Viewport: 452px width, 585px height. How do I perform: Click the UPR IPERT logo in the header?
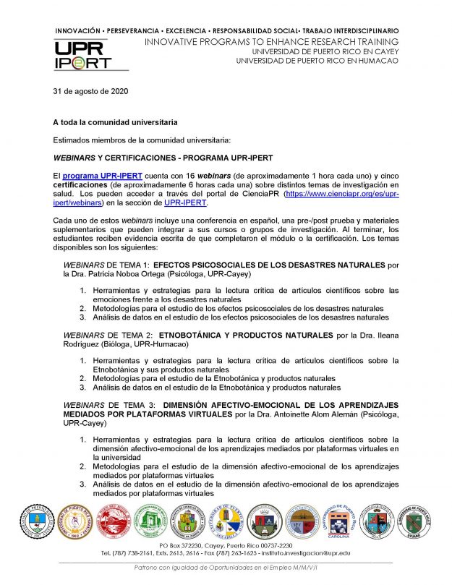82,54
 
